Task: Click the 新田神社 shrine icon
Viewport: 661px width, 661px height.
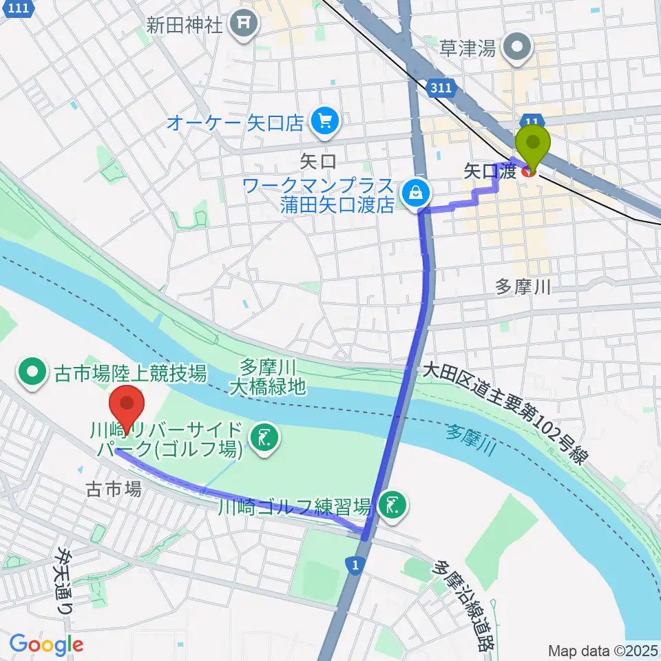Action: (244, 25)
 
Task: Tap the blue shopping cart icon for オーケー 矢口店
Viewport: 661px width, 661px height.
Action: (322, 123)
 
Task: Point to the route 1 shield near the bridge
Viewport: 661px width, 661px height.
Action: (353, 564)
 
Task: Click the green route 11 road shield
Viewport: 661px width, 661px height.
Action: (529, 120)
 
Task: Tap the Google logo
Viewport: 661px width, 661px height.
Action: (46, 644)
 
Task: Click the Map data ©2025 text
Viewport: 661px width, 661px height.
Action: (602, 650)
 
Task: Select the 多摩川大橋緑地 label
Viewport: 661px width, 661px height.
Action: (272, 377)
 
